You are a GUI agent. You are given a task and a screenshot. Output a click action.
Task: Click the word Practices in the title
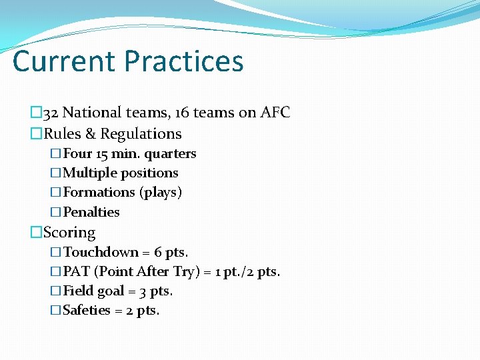[x=184, y=61]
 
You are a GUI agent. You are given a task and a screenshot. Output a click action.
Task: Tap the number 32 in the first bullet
[x=51, y=113]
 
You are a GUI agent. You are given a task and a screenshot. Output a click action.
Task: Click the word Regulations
[x=141, y=134]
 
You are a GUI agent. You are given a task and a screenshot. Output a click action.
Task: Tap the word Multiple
[x=89, y=173]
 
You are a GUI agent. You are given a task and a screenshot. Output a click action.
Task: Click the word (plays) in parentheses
[x=161, y=193]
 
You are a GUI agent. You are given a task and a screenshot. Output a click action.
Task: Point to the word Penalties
[x=91, y=212]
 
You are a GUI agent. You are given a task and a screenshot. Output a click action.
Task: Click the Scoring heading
[x=69, y=233]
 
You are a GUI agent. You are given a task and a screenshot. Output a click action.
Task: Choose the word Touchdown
[x=101, y=253]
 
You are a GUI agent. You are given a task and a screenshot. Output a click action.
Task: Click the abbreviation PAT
[x=77, y=272]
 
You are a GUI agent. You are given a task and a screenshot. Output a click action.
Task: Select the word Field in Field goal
[x=79, y=291]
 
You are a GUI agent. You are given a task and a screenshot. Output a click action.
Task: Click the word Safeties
[x=87, y=311]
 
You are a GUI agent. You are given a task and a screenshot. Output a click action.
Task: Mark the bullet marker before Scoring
[x=36, y=233]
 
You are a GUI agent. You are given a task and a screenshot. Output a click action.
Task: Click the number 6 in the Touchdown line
[x=158, y=253]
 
